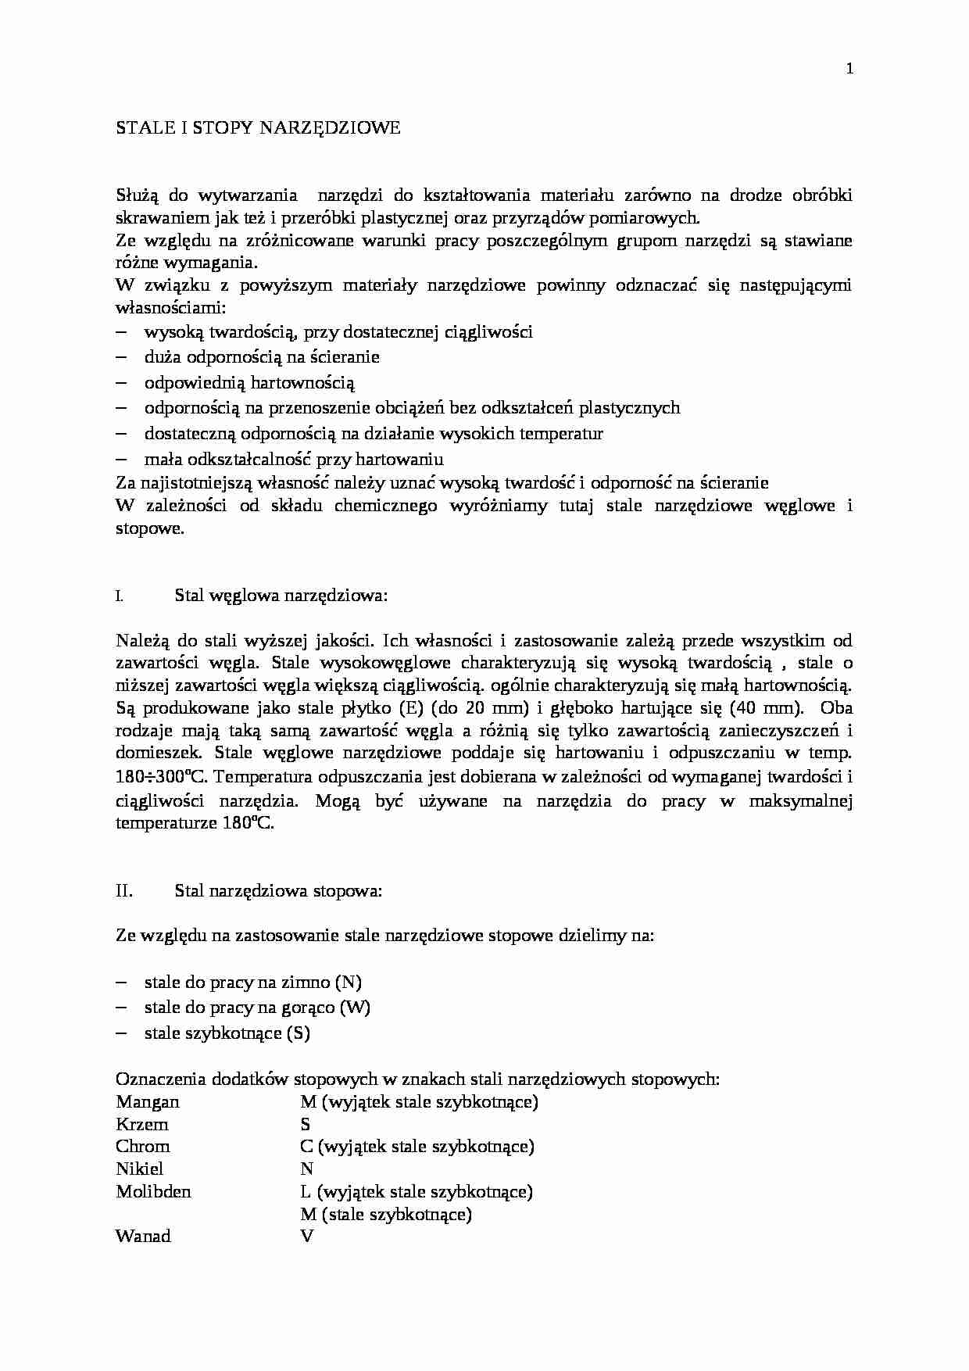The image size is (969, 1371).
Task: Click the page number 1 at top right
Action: [849, 69]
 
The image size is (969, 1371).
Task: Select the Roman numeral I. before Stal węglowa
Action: [119, 596]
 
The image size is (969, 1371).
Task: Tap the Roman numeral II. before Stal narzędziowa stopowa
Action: [124, 890]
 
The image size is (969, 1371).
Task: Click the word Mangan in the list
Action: [148, 1102]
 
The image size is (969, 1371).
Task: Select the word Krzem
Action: [142, 1125]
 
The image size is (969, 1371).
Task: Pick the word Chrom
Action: [143, 1147]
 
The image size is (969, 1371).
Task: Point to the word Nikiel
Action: [140, 1169]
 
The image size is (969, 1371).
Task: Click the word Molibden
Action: [153, 1192]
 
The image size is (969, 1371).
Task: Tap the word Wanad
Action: [143, 1237]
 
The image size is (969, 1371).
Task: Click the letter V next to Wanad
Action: [306, 1237]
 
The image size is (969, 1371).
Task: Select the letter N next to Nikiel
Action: [306, 1169]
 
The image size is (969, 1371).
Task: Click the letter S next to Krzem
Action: [306, 1125]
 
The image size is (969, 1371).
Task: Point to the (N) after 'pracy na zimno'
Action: [348, 983]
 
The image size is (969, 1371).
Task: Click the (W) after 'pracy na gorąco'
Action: [356, 1008]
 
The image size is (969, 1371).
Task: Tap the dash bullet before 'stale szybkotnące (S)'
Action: [121, 1033]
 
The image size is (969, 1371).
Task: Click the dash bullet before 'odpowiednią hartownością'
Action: [121, 383]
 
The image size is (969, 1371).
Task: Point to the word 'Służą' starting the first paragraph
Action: [136, 195]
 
